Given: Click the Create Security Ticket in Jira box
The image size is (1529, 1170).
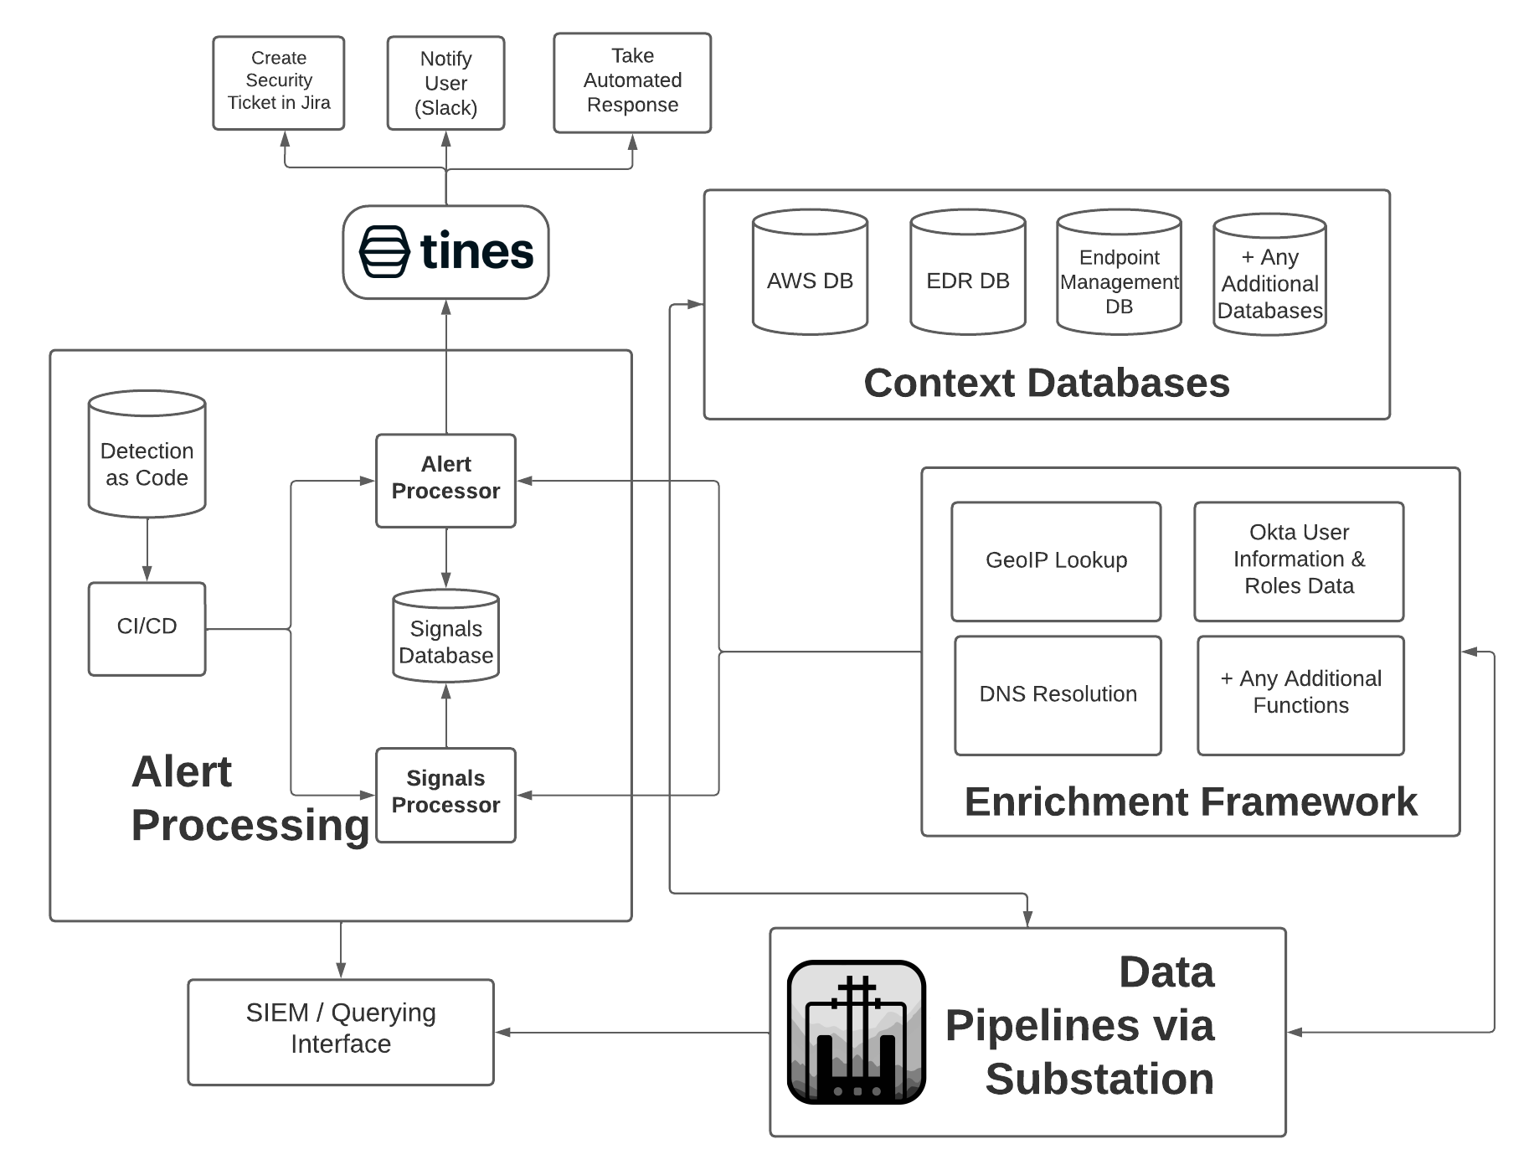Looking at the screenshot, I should (278, 82).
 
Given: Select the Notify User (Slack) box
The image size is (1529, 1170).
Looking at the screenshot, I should (445, 83).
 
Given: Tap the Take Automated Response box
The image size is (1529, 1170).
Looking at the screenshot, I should (632, 82).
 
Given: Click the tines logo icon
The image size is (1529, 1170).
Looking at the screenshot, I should (384, 251).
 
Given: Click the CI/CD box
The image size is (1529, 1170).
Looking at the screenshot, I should (147, 628).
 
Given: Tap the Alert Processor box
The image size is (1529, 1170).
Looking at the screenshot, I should (445, 480).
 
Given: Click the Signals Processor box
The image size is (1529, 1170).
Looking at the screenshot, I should (445, 794).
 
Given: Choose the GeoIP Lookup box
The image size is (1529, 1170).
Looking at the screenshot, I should (1056, 561).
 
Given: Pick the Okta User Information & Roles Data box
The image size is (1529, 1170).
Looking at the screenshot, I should (1299, 561).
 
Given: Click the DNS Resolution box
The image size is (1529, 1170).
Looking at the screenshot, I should (1058, 695).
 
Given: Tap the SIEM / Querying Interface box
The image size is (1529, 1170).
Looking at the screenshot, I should (340, 1032).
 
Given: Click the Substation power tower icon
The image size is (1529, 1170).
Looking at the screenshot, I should (856, 1032).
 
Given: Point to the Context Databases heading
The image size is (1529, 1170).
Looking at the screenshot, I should (1046, 383).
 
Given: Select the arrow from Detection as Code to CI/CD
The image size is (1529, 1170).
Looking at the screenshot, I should (147, 549).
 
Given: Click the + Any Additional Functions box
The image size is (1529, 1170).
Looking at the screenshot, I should (1300, 695).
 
